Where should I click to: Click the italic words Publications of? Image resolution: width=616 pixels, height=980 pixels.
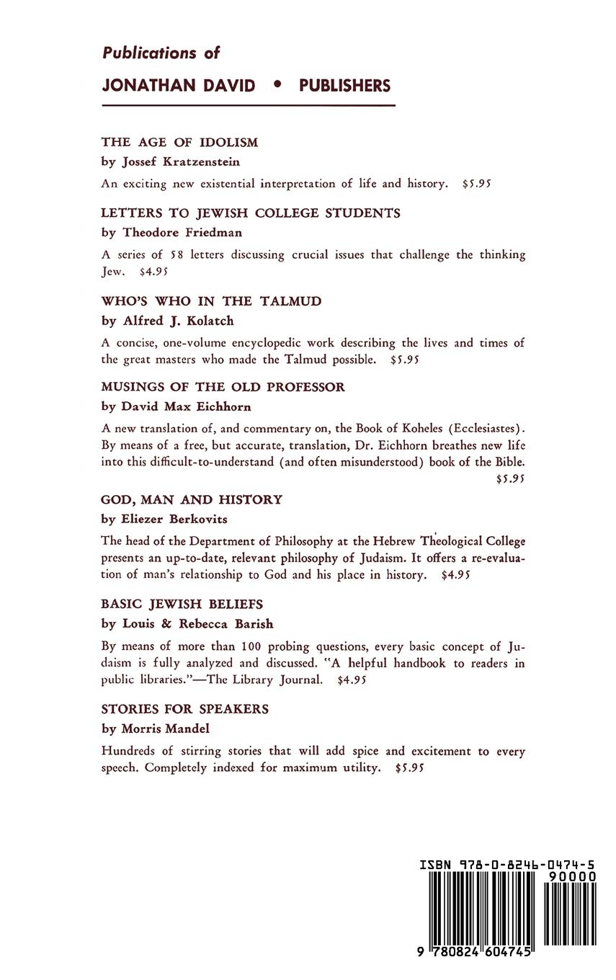161,53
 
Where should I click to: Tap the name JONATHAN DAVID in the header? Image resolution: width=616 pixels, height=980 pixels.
179,86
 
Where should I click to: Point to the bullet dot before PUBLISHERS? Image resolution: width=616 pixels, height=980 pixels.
277,85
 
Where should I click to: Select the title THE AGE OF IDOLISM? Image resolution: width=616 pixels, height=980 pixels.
179,143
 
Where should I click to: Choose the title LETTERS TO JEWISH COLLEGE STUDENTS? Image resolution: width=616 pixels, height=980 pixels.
251,213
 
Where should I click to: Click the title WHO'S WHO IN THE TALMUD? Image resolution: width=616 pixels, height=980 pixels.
211,301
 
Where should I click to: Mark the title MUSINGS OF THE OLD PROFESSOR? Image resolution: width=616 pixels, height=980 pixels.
223,387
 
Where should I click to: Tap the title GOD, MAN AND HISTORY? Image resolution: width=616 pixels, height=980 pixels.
192,499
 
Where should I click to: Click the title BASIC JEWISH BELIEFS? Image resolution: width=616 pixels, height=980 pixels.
182,604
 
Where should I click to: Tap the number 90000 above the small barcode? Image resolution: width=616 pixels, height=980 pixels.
571,876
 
